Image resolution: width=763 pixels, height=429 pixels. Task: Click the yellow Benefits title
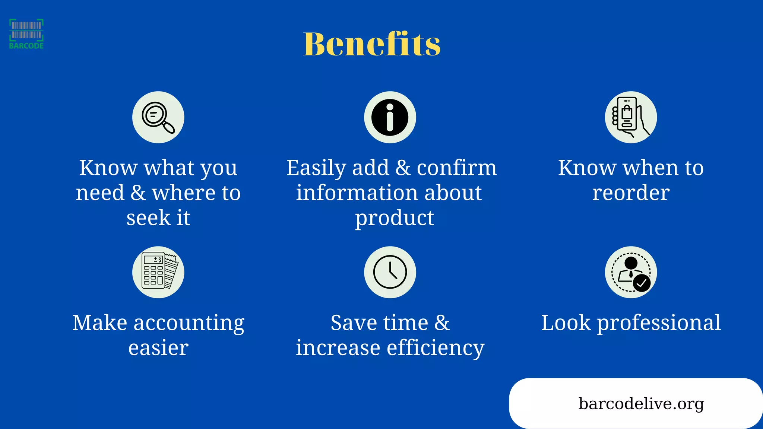372,44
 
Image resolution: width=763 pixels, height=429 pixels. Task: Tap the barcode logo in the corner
26,34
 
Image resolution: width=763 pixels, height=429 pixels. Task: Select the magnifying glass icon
158,117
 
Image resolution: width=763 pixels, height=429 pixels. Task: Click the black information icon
390,117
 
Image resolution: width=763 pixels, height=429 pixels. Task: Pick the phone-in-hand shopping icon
631,117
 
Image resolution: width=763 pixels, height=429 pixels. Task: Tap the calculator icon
158,272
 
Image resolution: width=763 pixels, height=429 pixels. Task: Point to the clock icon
390,272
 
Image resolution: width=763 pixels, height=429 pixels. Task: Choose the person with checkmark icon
631,272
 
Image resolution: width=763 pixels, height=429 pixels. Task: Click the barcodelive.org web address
641,403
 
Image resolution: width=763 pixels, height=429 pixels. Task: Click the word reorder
631,193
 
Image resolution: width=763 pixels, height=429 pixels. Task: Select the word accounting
189,323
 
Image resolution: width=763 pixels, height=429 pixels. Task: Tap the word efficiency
436,348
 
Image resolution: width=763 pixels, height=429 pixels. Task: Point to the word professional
659,323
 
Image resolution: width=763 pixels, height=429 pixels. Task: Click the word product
394,218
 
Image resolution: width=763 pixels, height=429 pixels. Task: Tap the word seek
148,218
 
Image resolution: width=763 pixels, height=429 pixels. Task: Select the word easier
158,348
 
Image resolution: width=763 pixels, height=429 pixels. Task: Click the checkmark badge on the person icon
642,283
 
